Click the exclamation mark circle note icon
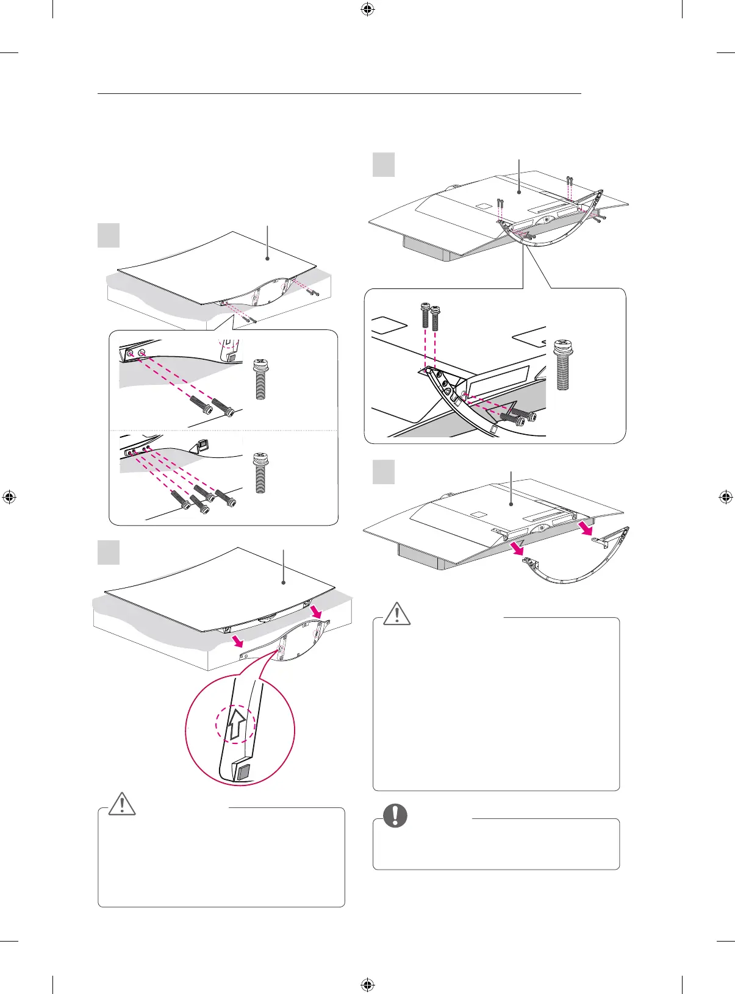(395, 815)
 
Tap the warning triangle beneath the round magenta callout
(122, 804)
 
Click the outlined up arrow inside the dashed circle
(238, 726)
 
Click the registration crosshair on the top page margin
(367, 9)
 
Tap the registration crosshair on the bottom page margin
(367, 984)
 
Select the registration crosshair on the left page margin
(9, 496)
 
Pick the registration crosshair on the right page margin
(725, 496)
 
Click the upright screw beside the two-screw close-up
(261, 379)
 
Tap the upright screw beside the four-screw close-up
(261, 472)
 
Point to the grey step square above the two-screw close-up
(109, 235)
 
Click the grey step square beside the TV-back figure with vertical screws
(384, 165)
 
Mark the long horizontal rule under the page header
(339, 94)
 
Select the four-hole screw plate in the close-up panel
(137, 451)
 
